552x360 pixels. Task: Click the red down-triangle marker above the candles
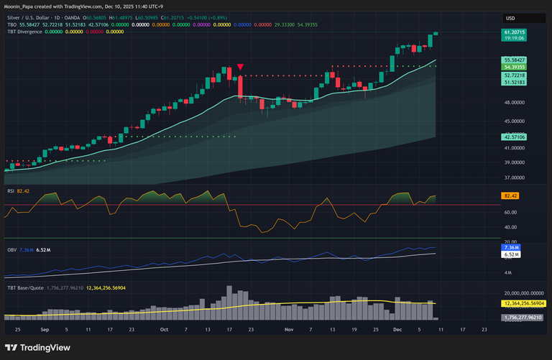point(239,67)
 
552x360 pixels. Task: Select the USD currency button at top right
point(511,18)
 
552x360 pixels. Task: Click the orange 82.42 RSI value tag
point(510,195)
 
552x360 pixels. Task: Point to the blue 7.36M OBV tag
point(511,248)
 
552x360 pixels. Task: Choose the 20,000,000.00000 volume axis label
point(522,293)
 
